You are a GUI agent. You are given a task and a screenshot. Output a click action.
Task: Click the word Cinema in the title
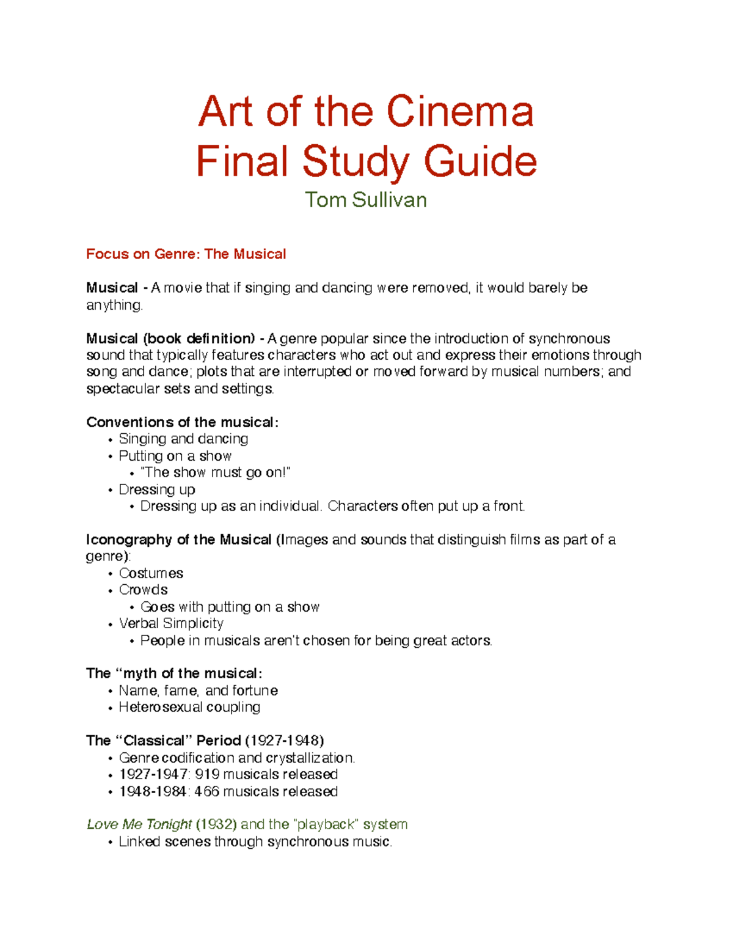pyautogui.click(x=460, y=112)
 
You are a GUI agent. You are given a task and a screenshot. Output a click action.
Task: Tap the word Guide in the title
pyautogui.click(x=480, y=161)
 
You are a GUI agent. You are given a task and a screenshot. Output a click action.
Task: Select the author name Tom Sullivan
pyautogui.click(x=366, y=200)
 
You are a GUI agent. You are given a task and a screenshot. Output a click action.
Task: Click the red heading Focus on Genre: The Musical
pyautogui.click(x=186, y=254)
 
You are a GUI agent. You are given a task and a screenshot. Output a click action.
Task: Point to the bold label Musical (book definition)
pyautogui.click(x=170, y=339)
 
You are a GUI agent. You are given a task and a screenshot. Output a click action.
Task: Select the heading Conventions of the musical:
pyautogui.click(x=182, y=422)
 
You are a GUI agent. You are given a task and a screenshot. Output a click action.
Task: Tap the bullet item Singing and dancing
pyautogui.click(x=183, y=439)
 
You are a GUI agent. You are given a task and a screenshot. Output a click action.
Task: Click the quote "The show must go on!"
pyautogui.click(x=215, y=472)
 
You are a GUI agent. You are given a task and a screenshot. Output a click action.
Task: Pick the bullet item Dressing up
pyautogui.click(x=157, y=489)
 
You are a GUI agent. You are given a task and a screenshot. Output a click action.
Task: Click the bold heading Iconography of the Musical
pyautogui.click(x=178, y=540)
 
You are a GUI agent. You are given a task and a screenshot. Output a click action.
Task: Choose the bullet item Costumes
pyautogui.click(x=151, y=573)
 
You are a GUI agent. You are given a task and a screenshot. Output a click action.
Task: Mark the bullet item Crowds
pyautogui.click(x=144, y=590)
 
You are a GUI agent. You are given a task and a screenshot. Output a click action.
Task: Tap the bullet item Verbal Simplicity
pyautogui.click(x=171, y=623)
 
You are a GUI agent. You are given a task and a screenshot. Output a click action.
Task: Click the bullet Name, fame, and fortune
pyautogui.click(x=198, y=691)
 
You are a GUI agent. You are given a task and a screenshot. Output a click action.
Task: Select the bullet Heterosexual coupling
pyautogui.click(x=189, y=707)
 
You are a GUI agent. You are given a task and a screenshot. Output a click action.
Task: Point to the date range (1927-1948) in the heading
pyautogui.click(x=284, y=741)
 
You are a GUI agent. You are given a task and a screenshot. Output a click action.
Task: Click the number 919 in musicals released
pyautogui.click(x=207, y=774)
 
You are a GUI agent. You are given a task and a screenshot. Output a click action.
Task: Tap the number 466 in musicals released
pyautogui.click(x=206, y=791)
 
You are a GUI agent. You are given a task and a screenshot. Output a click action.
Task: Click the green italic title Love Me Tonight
pyautogui.click(x=139, y=824)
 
